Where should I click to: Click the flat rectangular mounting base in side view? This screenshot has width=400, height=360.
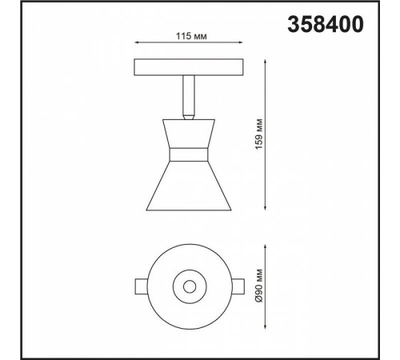(x=187, y=66)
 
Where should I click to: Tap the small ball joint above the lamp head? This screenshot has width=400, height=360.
(x=188, y=116)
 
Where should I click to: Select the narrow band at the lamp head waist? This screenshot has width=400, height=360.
(x=189, y=152)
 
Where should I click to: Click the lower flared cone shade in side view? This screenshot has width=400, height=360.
(x=189, y=184)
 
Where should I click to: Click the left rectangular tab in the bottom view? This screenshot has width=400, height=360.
(x=140, y=285)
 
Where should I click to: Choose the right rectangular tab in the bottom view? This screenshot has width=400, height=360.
(x=238, y=285)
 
